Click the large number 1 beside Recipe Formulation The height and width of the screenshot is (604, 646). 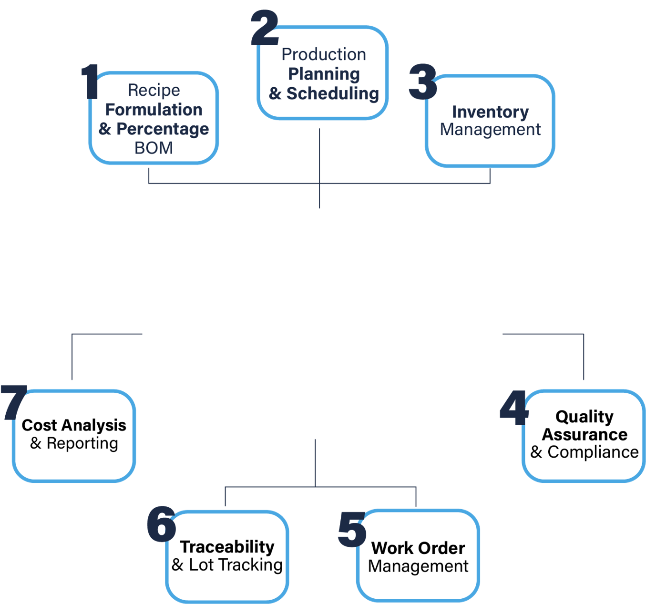point(91,82)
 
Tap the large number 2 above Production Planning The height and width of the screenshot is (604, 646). point(265,28)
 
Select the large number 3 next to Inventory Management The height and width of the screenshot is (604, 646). point(423,82)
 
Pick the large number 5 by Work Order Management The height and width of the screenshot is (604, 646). point(352,529)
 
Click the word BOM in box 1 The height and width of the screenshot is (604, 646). point(154,148)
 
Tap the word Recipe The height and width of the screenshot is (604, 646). point(154,90)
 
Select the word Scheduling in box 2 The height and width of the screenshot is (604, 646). point(333,93)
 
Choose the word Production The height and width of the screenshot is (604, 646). point(324,54)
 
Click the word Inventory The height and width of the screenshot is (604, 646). point(490,112)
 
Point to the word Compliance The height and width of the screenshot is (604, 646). point(593,452)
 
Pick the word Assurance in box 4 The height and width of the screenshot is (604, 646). point(584,434)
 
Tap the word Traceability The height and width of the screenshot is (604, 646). point(227,546)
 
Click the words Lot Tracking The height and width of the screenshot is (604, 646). point(236,565)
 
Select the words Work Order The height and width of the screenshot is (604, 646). point(418,548)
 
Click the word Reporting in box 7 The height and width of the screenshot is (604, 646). point(82,443)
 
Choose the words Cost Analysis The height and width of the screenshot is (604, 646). point(74,425)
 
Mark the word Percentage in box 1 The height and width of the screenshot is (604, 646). point(163,129)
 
